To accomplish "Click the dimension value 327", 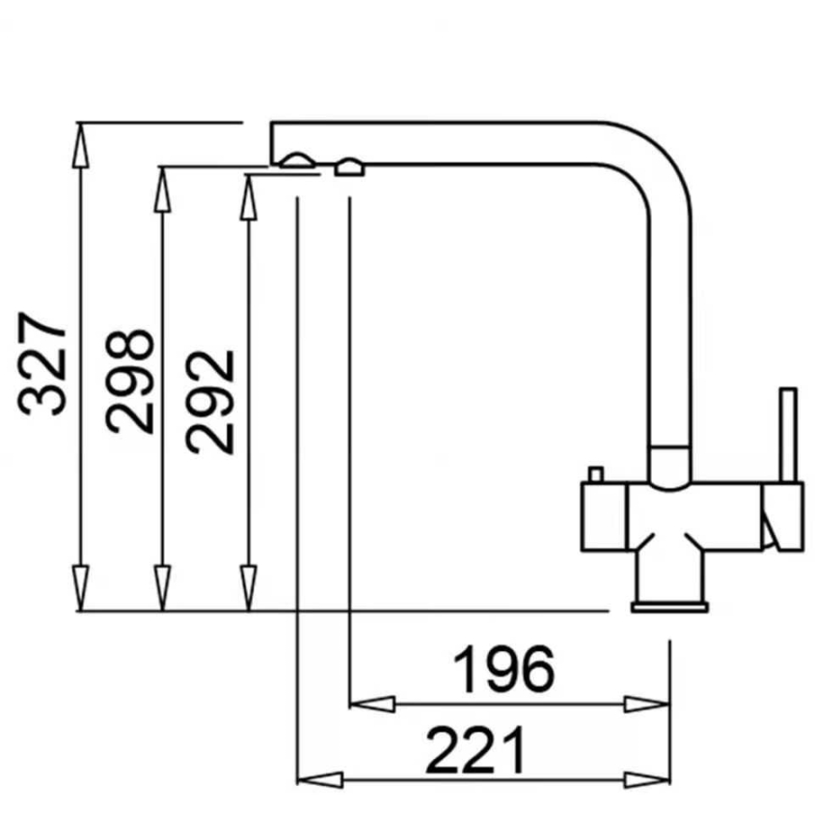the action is (x=42, y=363).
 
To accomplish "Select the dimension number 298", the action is (x=129, y=381).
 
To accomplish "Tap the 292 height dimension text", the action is (x=211, y=402).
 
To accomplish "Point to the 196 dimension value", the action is (x=504, y=670).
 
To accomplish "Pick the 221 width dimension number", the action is (x=476, y=750).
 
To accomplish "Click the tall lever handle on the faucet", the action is (x=789, y=435).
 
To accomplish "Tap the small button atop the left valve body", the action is (x=596, y=474).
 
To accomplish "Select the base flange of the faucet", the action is (x=670, y=607).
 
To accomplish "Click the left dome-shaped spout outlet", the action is (x=297, y=160).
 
